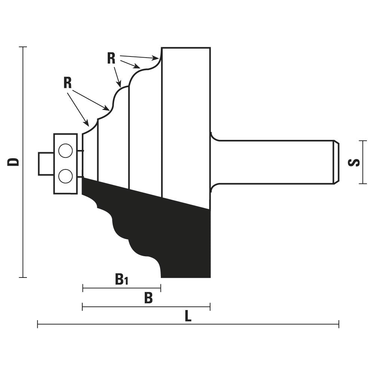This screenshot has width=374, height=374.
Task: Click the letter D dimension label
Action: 13,162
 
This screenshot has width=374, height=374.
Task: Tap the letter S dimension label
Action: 354,163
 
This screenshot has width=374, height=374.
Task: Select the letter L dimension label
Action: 188,316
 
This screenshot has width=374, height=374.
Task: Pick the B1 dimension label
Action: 122,279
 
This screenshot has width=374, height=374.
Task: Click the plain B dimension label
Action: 148,298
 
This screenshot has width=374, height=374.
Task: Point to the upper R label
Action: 111,58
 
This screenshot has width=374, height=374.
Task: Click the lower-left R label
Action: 67,83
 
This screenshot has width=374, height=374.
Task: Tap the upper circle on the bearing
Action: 65,150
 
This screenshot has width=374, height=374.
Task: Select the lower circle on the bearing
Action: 65,176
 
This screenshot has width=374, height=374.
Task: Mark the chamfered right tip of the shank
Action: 336,162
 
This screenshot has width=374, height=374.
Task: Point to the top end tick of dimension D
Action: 23,47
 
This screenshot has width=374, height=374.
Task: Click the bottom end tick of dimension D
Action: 23,278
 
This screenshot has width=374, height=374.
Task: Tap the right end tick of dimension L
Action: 339,324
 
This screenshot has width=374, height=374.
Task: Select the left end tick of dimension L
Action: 37,324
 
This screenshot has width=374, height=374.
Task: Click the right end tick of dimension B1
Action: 161,288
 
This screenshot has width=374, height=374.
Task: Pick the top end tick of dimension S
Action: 363,141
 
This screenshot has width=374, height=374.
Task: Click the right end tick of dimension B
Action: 210,307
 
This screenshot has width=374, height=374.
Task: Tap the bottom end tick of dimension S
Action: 363,184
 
